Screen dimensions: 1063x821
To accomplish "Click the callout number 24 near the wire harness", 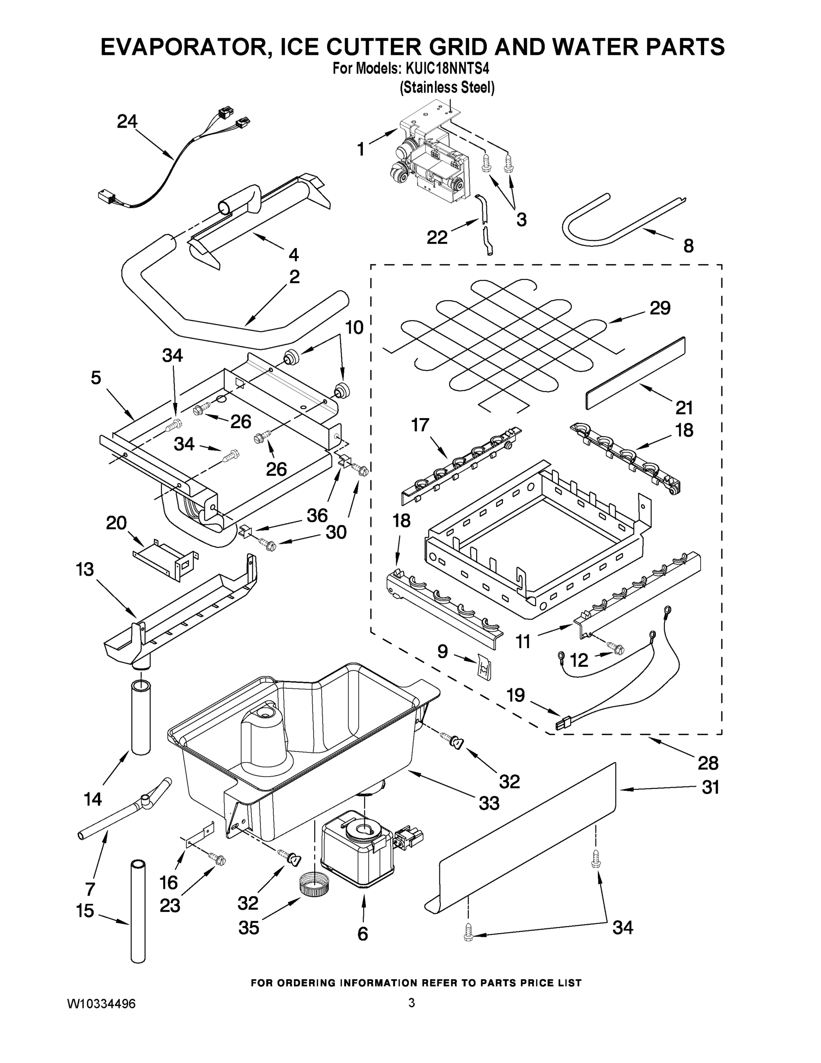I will tap(127, 122).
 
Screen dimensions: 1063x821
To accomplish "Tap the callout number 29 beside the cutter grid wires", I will tap(660, 308).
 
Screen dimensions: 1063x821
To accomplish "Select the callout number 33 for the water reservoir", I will tap(489, 803).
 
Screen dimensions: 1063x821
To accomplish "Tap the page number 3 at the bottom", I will tap(412, 1003).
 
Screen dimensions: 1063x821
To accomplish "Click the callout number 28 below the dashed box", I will tap(708, 763).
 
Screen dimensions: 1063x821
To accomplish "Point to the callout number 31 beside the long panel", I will tap(710, 788).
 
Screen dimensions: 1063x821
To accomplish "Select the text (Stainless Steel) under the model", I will tap(447, 88).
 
